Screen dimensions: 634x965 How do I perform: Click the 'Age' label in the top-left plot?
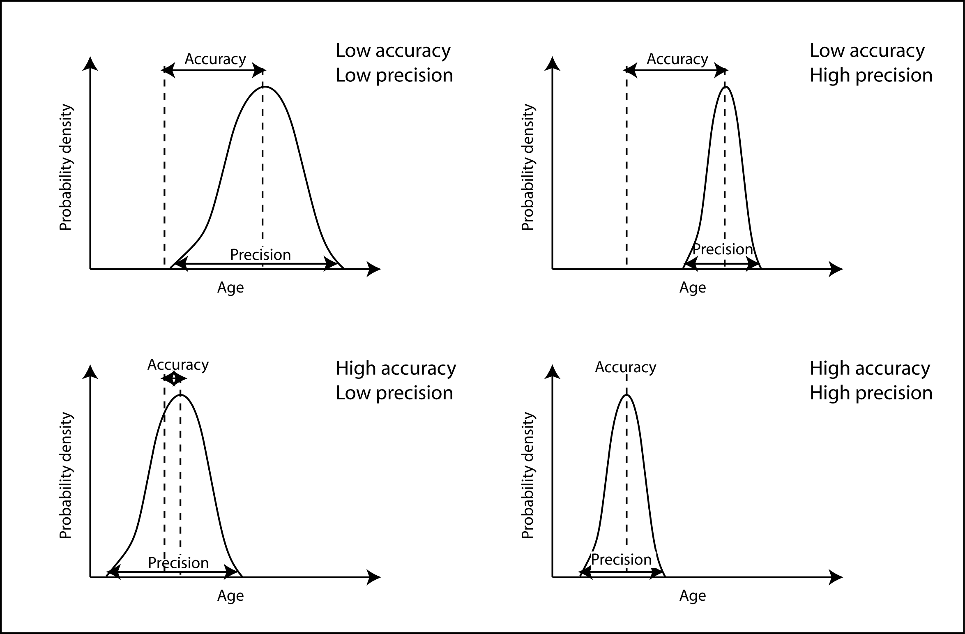click(230, 288)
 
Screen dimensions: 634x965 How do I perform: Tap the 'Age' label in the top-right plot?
click(693, 288)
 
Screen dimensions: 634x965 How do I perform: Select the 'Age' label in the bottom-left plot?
click(230, 596)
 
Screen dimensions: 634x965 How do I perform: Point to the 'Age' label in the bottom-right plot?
click(693, 596)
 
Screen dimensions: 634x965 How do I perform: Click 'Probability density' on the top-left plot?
click(66, 168)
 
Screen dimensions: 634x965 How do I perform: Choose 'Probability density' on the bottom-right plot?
click(527, 476)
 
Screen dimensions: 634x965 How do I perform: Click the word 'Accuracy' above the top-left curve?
click(215, 59)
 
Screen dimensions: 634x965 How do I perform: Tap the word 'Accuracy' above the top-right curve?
click(677, 59)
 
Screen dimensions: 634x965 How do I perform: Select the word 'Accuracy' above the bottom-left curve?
click(178, 365)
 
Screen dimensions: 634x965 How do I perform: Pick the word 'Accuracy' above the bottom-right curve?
click(625, 367)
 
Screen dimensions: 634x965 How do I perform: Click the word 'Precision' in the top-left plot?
click(260, 255)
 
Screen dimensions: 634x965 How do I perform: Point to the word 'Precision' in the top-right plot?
click(723, 249)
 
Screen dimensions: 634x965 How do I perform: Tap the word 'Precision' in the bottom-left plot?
click(178, 563)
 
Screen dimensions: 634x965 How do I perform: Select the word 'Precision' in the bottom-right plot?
click(621, 560)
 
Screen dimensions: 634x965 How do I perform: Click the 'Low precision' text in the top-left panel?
click(394, 76)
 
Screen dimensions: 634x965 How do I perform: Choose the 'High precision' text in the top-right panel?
click(871, 76)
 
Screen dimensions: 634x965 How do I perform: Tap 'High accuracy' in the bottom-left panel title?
click(396, 368)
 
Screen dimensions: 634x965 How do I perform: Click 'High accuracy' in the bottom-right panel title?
click(870, 368)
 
